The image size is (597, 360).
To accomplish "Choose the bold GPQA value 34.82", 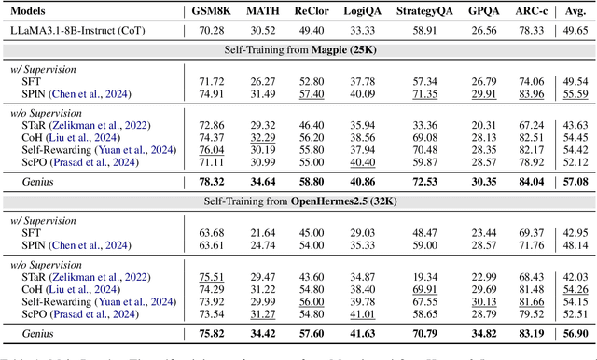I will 484,333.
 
